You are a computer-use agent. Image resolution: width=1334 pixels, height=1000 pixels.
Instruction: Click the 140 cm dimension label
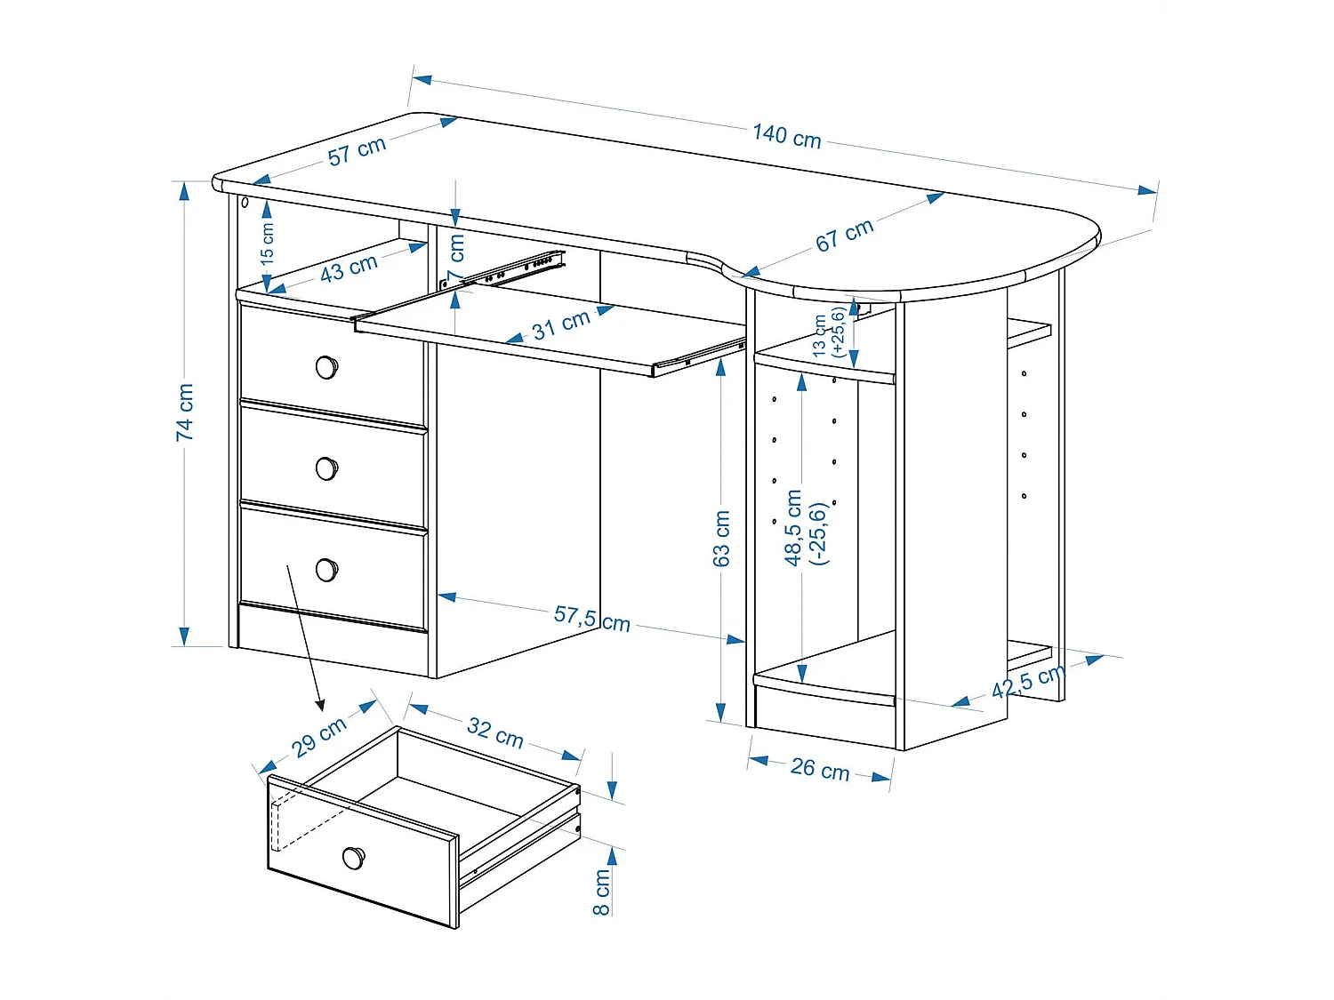786,136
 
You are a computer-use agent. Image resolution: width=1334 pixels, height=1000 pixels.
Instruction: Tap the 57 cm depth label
357,150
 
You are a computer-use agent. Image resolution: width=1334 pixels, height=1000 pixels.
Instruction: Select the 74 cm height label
184,412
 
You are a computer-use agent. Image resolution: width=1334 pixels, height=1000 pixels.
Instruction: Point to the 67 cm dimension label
844,235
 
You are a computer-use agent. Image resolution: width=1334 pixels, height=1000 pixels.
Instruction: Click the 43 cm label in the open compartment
349,267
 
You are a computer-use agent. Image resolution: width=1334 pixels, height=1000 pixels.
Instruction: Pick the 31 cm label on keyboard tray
560,326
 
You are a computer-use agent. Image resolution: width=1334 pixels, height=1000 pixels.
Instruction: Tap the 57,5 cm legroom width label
591,618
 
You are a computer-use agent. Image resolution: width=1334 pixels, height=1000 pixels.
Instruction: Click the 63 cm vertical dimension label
721,538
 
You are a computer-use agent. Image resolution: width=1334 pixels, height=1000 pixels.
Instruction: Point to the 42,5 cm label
1027,681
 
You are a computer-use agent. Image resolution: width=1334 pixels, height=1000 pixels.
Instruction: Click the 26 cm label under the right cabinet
819,769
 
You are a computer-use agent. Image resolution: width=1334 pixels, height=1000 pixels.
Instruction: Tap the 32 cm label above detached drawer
494,732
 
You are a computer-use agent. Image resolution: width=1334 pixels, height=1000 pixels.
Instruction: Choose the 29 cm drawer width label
319,736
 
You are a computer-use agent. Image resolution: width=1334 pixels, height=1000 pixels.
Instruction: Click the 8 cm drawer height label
602,892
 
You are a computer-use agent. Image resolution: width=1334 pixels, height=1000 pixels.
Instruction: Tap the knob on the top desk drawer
326,366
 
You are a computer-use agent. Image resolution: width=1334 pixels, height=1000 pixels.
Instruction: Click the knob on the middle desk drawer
326,468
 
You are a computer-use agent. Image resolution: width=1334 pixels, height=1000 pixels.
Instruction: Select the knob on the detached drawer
353,858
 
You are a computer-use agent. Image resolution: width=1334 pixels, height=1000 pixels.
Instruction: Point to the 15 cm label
267,243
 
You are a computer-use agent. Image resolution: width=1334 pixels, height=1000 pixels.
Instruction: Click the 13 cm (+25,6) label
828,333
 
